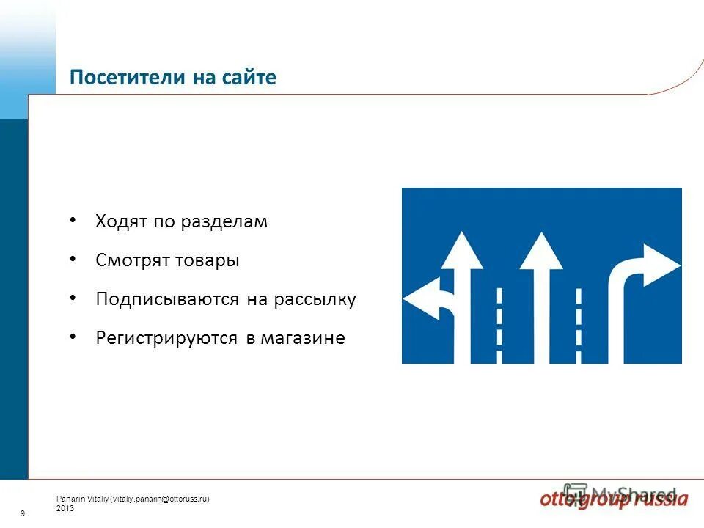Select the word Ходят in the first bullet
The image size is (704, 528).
tap(122, 221)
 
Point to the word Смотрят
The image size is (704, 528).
tap(132, 260)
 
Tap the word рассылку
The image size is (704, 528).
tap(315, 300)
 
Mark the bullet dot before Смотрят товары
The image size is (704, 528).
tap(72, 259)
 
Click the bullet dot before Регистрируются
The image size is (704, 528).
tap(72, 337)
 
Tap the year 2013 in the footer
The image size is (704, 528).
tap(65, 507)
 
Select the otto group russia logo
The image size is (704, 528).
tap(615, 499)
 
